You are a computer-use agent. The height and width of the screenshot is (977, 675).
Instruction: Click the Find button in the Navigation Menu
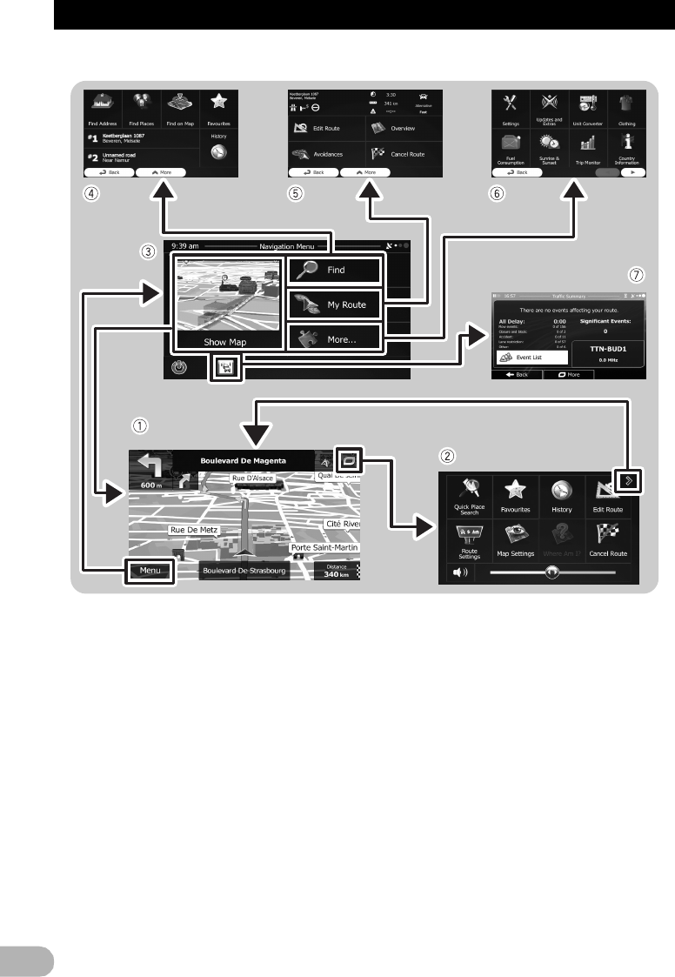(334, 271)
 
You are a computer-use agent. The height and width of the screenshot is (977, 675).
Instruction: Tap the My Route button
(334, 304)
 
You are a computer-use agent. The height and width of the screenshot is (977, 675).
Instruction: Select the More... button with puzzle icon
(334, 338)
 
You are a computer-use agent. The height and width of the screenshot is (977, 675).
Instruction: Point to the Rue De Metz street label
(195, 529)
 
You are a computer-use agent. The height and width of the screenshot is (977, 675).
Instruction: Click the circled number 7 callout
(636, 275)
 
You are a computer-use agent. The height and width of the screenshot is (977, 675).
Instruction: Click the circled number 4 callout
(89, 194)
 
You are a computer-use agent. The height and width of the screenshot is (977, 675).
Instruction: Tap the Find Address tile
(103, 110)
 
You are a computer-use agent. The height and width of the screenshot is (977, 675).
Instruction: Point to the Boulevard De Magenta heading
(243, 460)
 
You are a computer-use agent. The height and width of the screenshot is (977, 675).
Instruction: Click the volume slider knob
(551, 572)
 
